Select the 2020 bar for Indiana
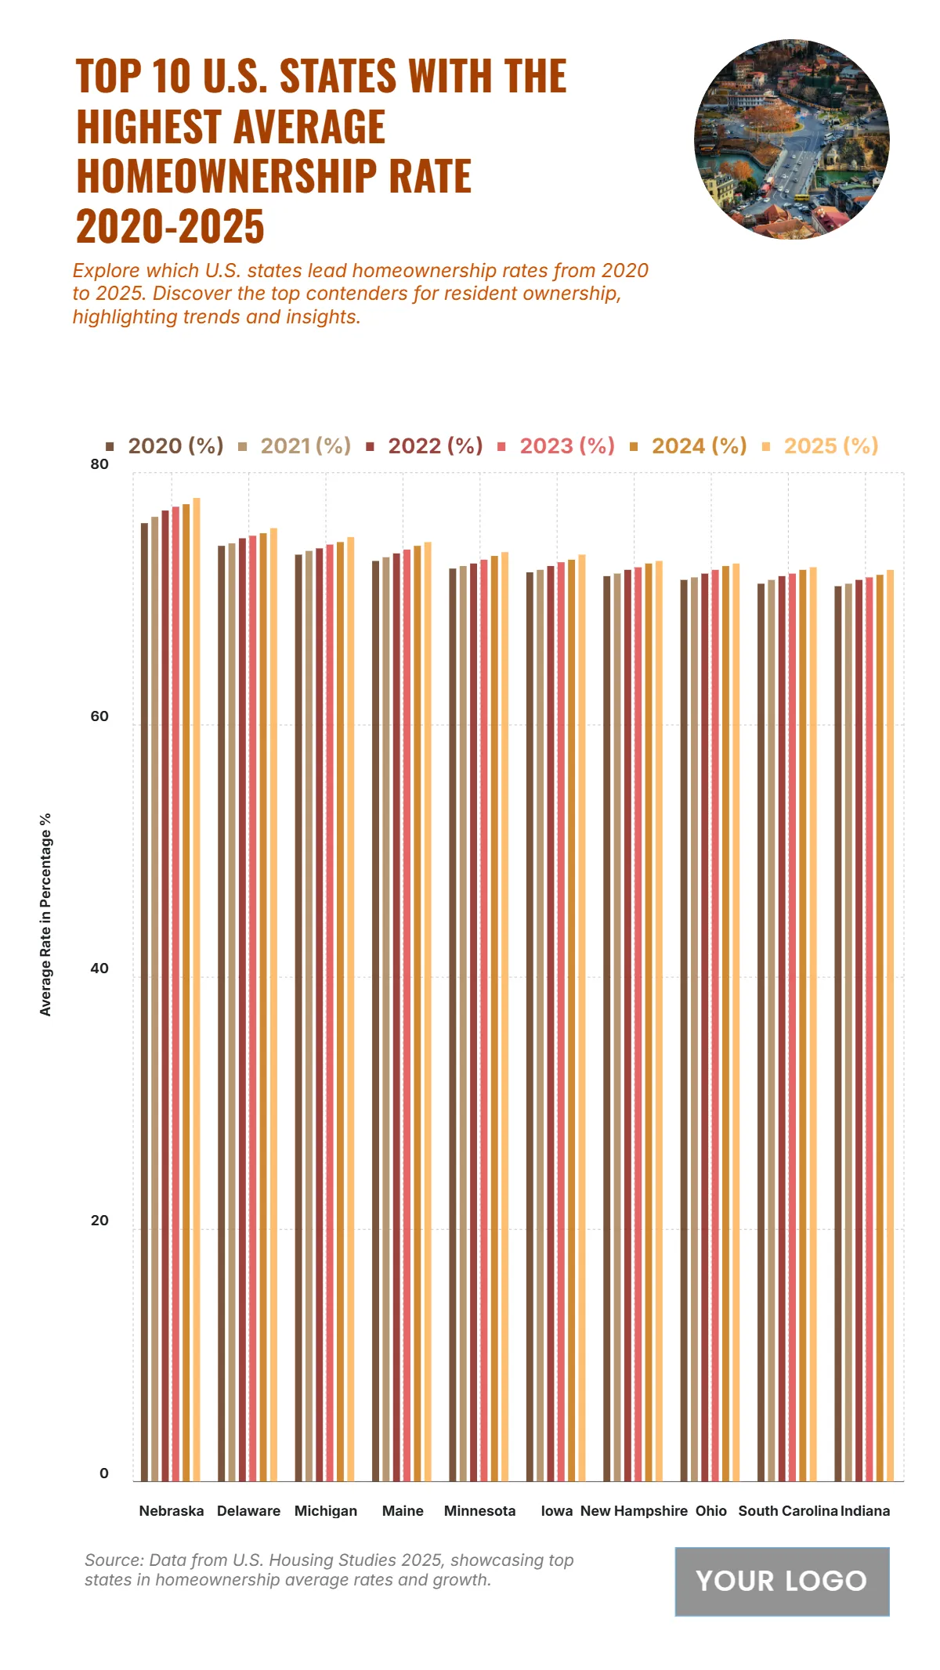(x=838, y=1033)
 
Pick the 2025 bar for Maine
(x=428, y=1011)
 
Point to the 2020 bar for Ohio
(x=684, y=1030)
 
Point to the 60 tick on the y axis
(x=99, y=716)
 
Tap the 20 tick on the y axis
(x=99, y=1221)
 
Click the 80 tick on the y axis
(x=99, y=464)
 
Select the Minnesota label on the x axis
(x=479, y=1511)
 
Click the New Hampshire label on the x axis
(x=634, y=1511)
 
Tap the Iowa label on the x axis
(x=556, y=1511)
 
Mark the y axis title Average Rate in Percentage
(x=45, y=914)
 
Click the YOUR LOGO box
(x=782, y=1582)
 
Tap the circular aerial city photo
(x=791, y=139)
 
